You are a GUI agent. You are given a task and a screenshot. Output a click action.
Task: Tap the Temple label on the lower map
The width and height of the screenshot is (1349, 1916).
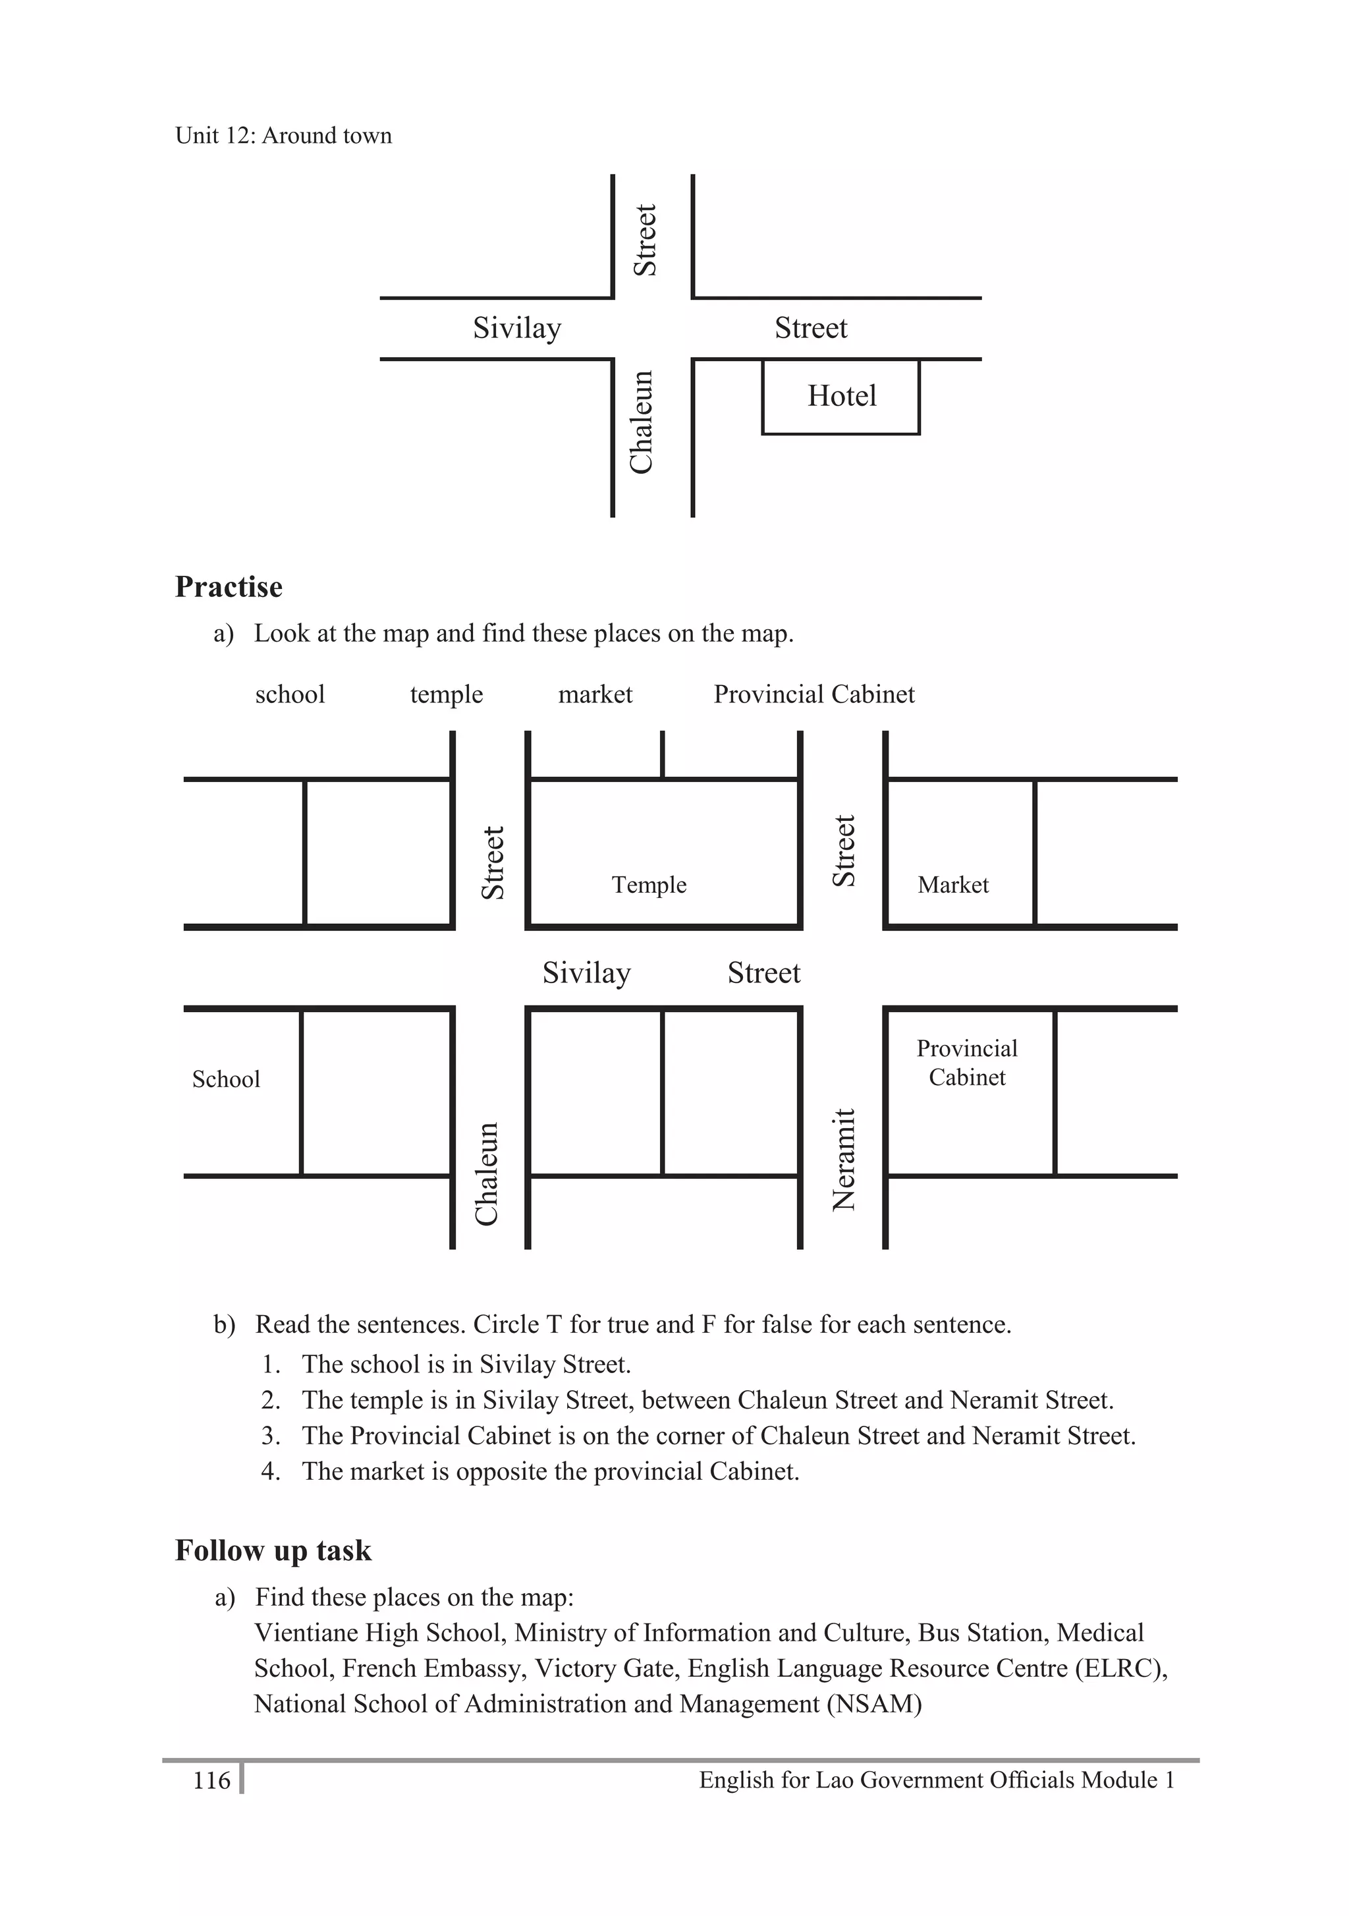tap(648, 885)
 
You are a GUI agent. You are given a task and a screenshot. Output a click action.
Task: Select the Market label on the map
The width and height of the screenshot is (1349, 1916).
tap(952, 885)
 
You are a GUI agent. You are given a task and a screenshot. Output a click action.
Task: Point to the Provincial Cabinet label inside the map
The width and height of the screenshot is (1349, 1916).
tap(966, 1062)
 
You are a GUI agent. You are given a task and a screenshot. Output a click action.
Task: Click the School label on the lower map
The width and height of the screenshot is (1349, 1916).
tap(225, 1079)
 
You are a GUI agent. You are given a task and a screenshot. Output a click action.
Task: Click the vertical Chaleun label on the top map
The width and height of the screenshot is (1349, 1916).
tap(641, 422)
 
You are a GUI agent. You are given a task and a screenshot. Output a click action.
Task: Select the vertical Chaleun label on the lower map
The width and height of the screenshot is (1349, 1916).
tap(486, 1174)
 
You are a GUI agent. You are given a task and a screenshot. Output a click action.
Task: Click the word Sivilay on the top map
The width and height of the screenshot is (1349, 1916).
tap(516, 328)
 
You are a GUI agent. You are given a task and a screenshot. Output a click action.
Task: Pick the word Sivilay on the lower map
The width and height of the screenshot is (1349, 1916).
tap(586, 973)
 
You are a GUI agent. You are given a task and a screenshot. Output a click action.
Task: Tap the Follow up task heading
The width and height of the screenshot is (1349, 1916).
tap(273, 1550)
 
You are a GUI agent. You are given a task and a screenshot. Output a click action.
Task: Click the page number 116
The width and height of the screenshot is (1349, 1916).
tap(211, 1780)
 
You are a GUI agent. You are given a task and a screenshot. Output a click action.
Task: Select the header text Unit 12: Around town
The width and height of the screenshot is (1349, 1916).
tap(283, 135)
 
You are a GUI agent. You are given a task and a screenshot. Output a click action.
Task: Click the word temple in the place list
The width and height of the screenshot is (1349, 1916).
tap(447, 694)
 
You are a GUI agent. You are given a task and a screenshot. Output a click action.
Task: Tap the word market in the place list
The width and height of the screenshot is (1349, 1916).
tap(595, 694)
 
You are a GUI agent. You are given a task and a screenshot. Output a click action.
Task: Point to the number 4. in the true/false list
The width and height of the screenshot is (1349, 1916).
tap(269, 1471)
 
